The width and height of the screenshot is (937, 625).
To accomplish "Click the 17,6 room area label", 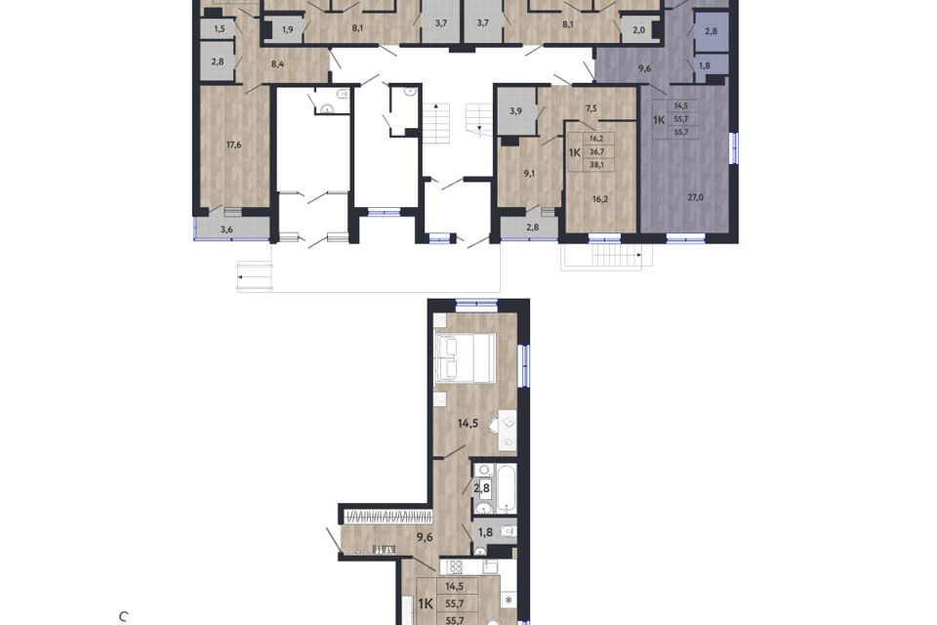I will [x=233, y=146].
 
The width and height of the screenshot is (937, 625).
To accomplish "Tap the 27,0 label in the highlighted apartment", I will [x=696, y=196].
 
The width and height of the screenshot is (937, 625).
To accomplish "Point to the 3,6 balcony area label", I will [x=226, y=230].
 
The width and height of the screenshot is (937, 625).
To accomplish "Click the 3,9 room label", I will [x=515, y=112].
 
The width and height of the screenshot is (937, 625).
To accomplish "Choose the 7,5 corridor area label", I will [x=591, y=108].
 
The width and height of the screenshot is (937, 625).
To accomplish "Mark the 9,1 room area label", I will [x=529, y=173].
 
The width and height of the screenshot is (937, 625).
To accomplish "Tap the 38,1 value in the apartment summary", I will [x=595, y=166].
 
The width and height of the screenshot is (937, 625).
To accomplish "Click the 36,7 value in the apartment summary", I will [x=595, y=152].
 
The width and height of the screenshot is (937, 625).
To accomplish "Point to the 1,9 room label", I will [x=287, y=30].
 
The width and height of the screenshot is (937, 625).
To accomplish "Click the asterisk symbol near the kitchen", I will [x=508, y=600].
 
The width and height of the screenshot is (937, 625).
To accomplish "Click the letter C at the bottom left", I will [x=124, y=617].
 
